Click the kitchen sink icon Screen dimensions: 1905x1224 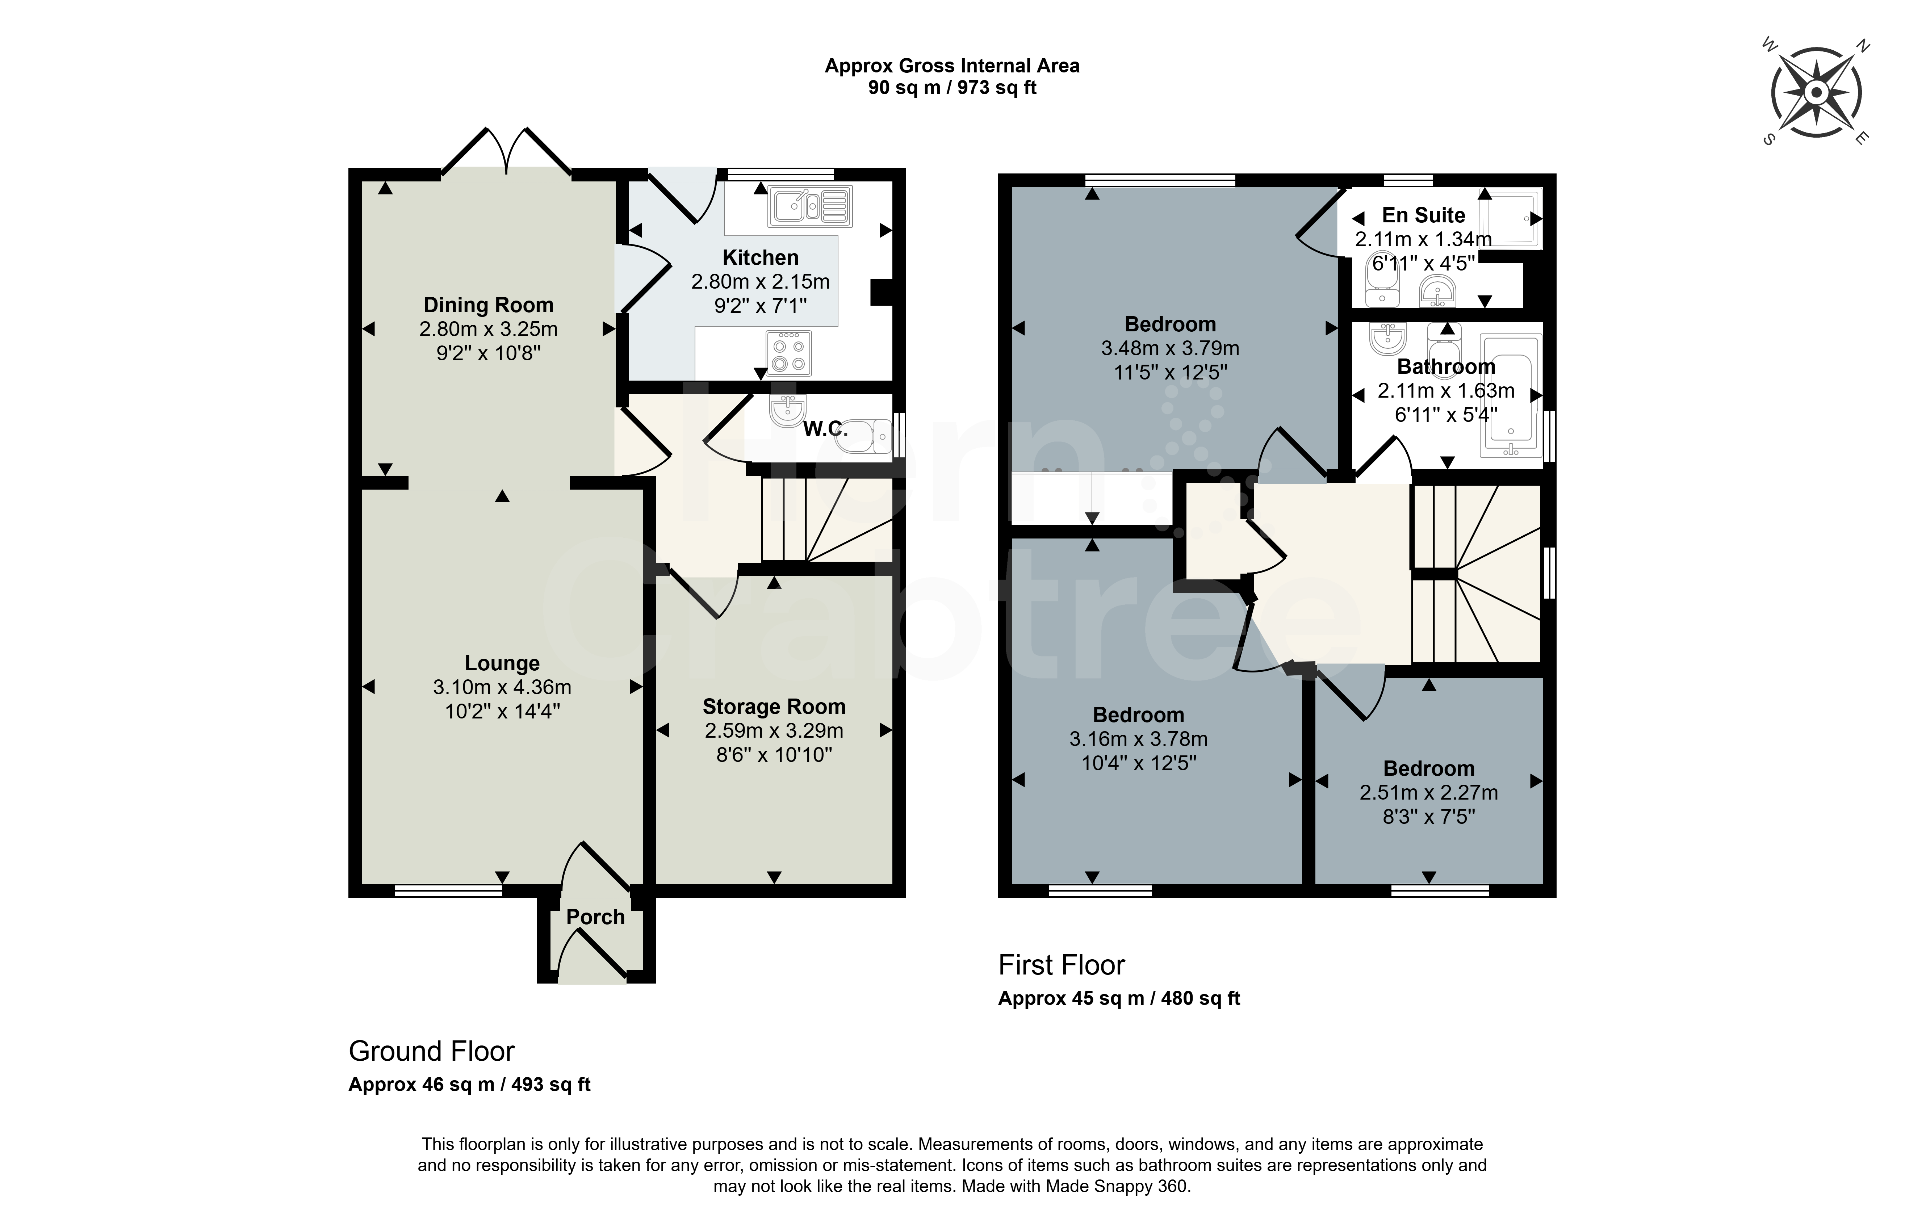coord(810,206)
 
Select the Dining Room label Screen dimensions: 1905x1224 coord(488,305)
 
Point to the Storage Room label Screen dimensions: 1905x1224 coord(774,707)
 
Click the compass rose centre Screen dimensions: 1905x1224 coord(1816,93)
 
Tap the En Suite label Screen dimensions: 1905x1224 coord(1423,215)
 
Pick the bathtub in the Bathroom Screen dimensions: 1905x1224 coord(1510,396)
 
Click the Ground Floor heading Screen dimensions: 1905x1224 coord(432,1052)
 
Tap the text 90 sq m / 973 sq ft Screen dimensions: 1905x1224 coord(952,87)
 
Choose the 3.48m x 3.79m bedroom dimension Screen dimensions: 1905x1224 coord(1170,348)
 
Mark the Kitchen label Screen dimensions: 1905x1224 coord(761,257)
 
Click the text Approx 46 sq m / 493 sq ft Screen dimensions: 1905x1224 coord(470,1085)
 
